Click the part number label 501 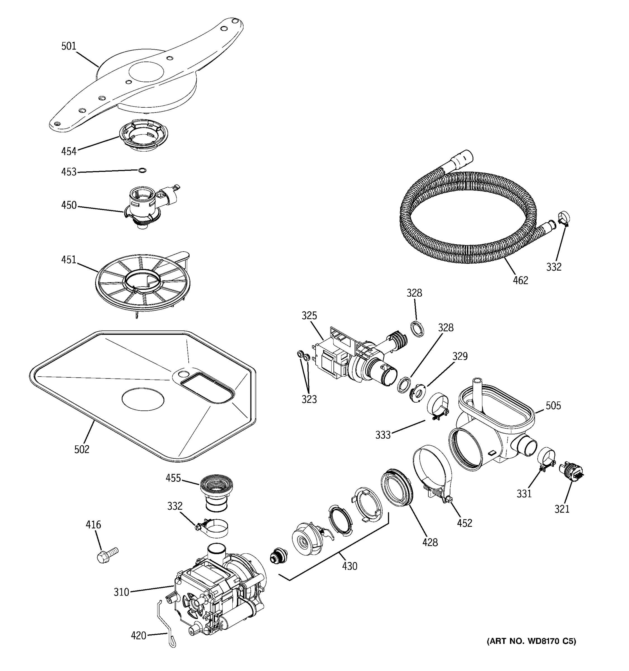pos(69,46)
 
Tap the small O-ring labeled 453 pos(142,170)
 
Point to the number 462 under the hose pos(520,280)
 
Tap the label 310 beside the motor pos(121,592)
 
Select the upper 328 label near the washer pos(414,293)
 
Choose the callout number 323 pos(309,399)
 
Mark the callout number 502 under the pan pos(82,449)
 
